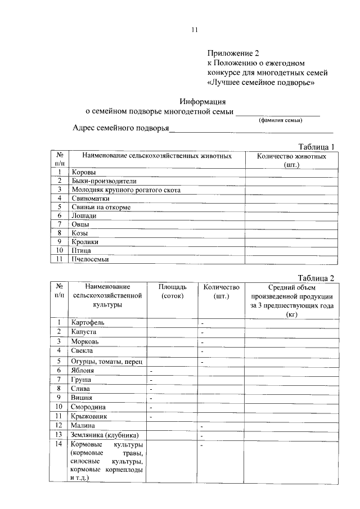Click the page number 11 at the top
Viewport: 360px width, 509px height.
click(195, 30)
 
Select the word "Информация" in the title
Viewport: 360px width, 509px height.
click(202, 102)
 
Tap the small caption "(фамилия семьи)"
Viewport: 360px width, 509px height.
click(280, 120)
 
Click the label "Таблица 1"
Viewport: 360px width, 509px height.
click(316, 147)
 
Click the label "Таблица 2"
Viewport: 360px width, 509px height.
click(316, 277)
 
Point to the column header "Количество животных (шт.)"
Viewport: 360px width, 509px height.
click(291, 160)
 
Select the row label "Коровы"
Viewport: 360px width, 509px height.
click(84, 172)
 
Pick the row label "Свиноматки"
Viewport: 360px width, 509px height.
click(90, 198)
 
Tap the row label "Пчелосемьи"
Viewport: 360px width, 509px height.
click(90, 259)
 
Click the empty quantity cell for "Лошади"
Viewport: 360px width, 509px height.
click(291, 215)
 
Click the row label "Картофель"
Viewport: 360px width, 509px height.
click(88, 322)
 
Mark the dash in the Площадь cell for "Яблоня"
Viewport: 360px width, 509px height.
click(151, 371)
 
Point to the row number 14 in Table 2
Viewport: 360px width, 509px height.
click(58, 444)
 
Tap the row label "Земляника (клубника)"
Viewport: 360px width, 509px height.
click(105, 435)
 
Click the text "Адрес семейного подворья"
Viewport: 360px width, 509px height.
click(121, 128)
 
